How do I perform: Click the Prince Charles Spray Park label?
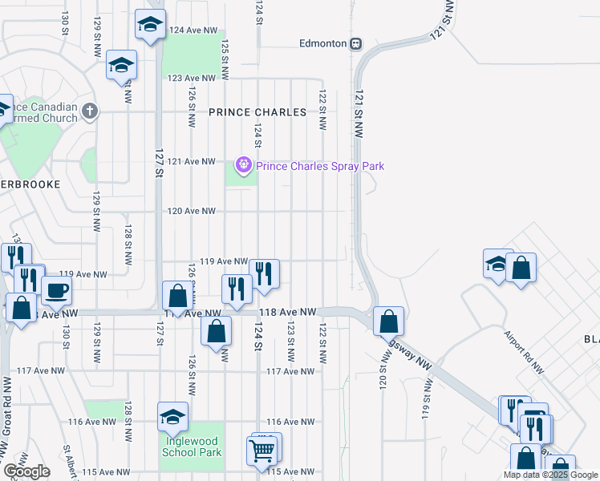coord(320,166)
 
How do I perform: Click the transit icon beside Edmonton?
coord(355,43)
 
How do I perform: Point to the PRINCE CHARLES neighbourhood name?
coord(257,112)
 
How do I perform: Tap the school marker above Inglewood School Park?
coord(172,417)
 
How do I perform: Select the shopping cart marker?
coord(263,451)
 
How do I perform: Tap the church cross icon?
coord(90,111)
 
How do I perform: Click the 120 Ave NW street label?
coord(191,211)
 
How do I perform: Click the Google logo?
coord(26,471)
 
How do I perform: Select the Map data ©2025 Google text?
coord(550,475)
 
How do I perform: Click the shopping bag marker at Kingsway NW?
coord(388,321)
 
